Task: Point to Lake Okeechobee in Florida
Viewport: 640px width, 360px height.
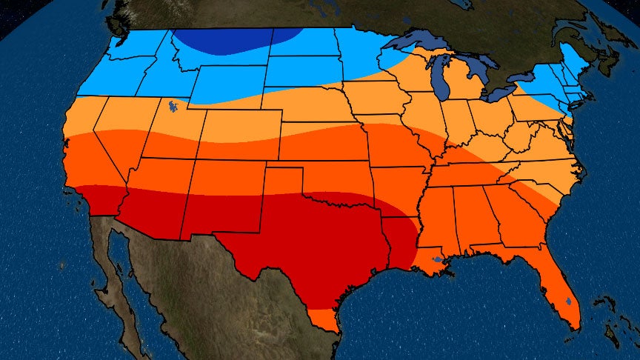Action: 567,301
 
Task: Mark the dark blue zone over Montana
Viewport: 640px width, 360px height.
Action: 237,41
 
